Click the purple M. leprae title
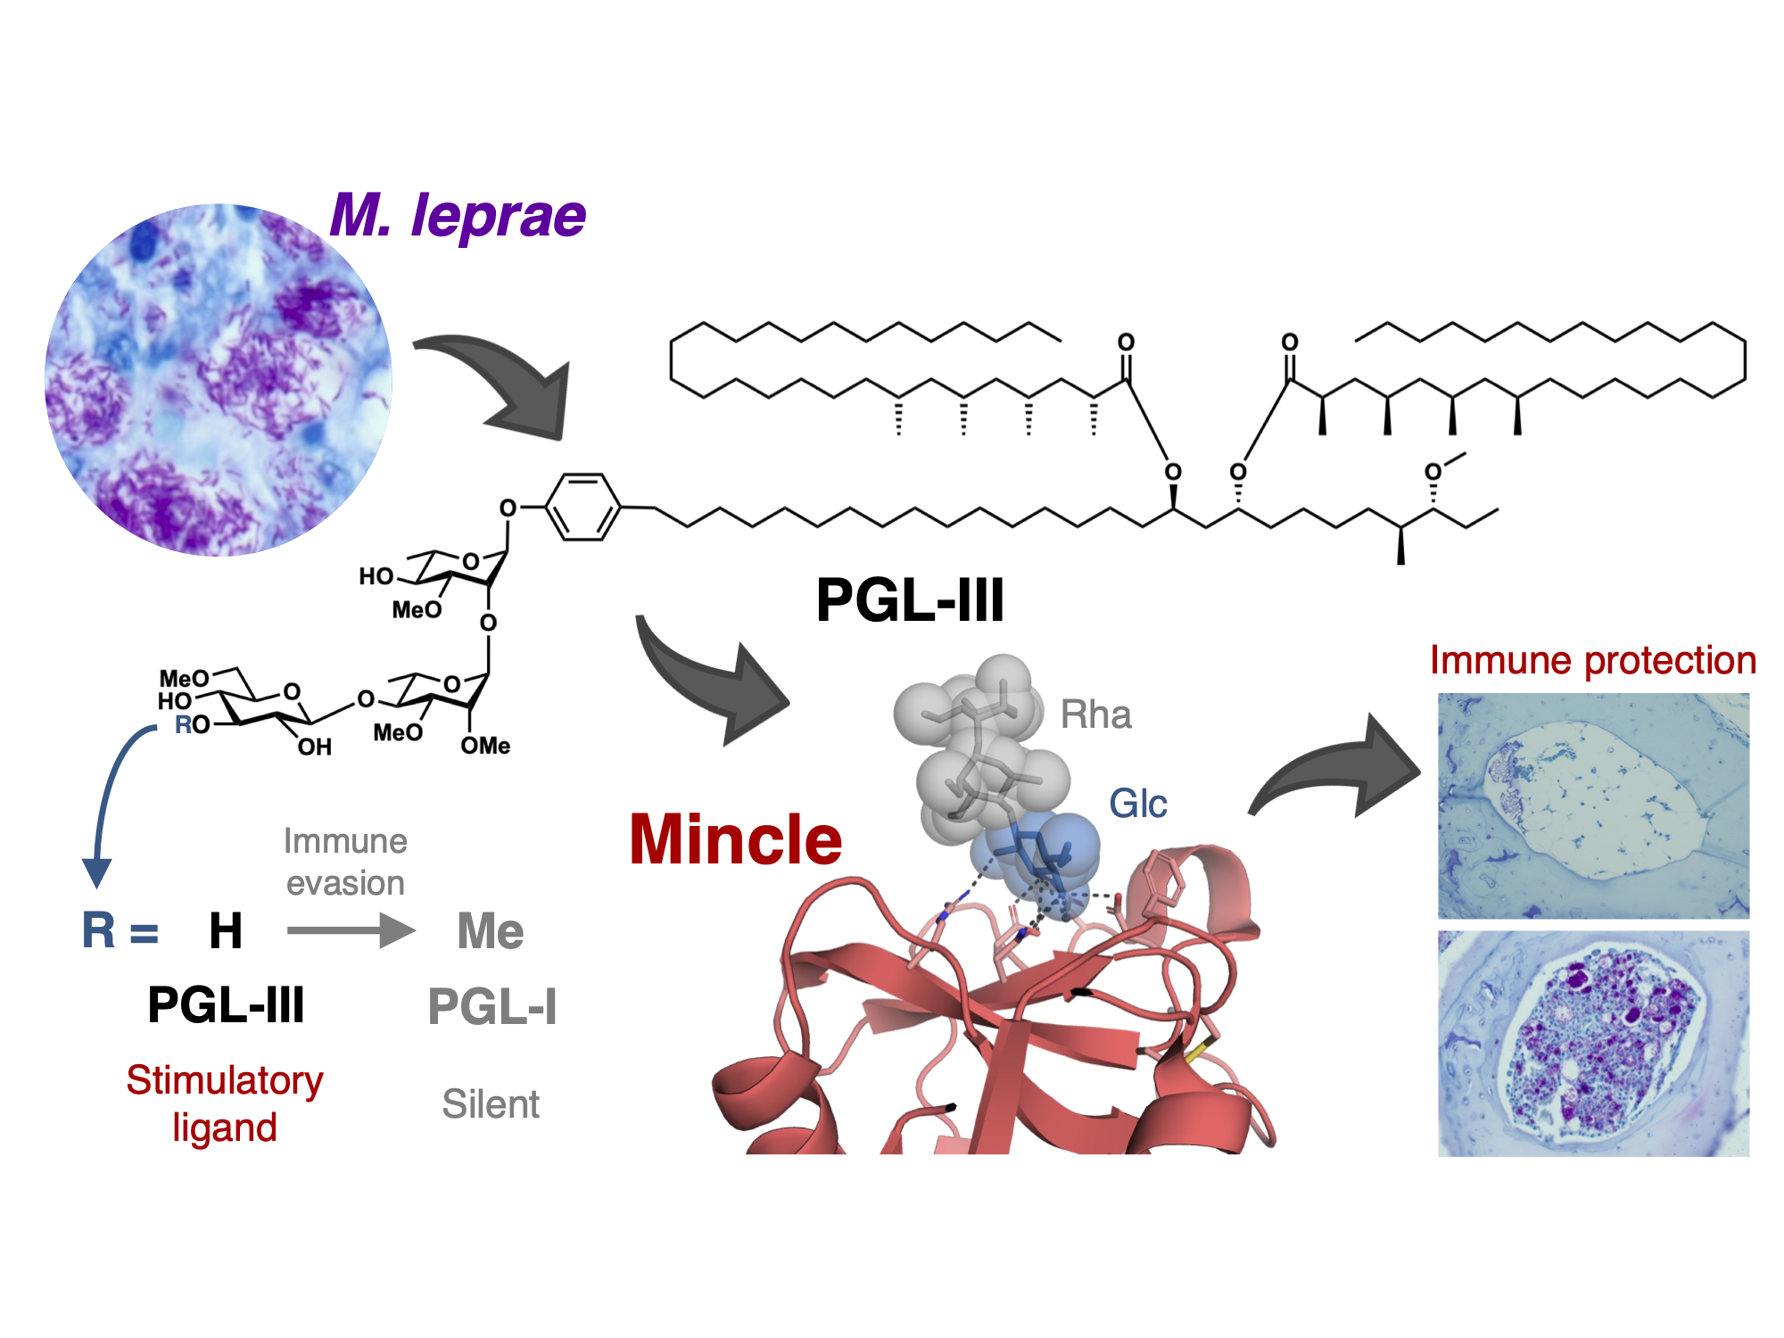point(458,217)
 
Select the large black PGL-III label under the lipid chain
point(909,600)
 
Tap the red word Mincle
point(735,840)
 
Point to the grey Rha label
point(1095,715)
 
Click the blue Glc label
point(1137,804)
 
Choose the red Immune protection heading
point(1592,661)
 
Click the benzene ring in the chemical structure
point(582,508)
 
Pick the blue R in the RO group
point(183,724)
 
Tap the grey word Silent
point(491,1104)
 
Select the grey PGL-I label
point(492,1007)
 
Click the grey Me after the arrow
point(490,931)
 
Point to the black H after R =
point(226,931)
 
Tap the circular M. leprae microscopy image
point(219,379)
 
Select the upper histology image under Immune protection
point(1593,805)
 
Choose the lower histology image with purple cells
point(1593,1043)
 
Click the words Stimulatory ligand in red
point(225,1103)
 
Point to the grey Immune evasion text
point(345,862)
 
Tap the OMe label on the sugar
point(485,746)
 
